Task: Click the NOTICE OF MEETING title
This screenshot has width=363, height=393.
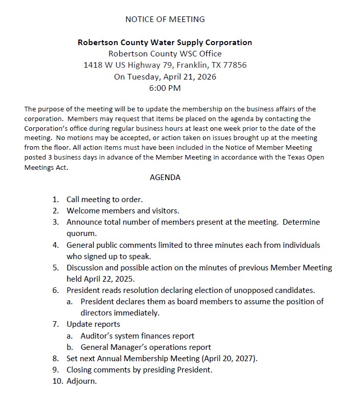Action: [x=165, y=19]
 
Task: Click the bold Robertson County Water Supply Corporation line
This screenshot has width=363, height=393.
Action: [x=165, y=43]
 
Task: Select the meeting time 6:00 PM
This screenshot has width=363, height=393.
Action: [x=165, y=88]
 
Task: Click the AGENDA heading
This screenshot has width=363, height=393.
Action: [x=165, y=178]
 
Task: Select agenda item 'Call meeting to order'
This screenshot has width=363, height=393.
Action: [x=104, y=199]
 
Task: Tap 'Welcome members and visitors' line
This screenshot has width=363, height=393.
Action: [x=123, y=210]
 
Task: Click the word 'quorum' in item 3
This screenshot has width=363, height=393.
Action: [x=81, y=233]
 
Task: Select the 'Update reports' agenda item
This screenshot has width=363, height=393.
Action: [x=93, y=324]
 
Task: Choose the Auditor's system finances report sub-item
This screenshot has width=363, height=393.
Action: [x=137, y=336]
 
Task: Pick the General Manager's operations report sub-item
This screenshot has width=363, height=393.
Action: [x=145, y=347]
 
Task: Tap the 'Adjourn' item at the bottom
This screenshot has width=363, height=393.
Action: [x=81, y=381]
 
